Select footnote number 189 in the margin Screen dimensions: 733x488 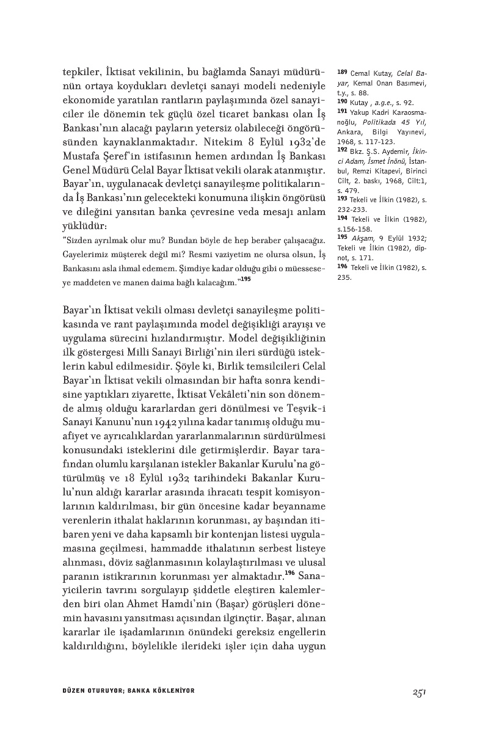(342, 72)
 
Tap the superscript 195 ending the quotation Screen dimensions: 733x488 (246, 279)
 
